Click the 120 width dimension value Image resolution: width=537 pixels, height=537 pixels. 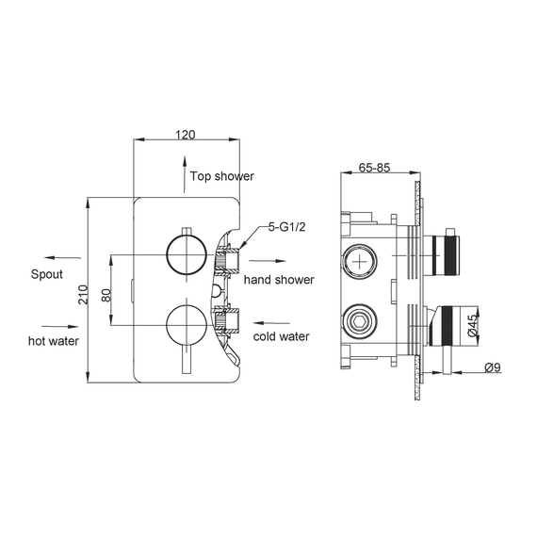tap(186, 135)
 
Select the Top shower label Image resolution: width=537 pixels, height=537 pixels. tap(222, 176)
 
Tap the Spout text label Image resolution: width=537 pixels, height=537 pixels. tap(45, 274)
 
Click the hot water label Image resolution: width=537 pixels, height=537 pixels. tap(53, 340)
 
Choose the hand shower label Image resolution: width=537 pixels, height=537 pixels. tap(279, 280)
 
